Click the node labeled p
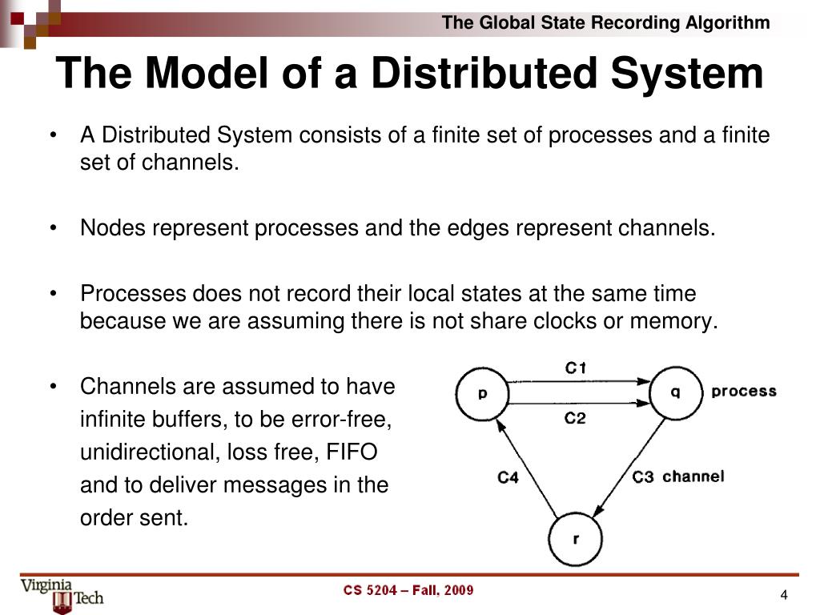coord(483,393)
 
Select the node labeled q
coord(675,393)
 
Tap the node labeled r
coord(577,539)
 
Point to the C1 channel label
coord(576,368)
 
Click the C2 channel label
coord(576,418)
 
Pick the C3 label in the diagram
coord(643,477)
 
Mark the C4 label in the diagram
coord(508,478)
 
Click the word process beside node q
coord(744,392)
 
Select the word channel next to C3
coord(693,476)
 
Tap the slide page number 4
coord(784,594)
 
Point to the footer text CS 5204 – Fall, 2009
coord(408,591)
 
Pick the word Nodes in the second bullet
coord(111,228)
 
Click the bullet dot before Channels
coord(52,387)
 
